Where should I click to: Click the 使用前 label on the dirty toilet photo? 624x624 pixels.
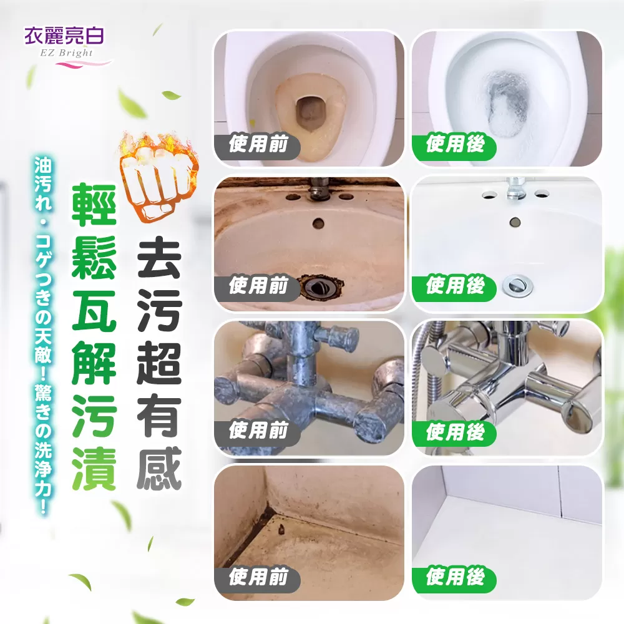click(x=258, y=145)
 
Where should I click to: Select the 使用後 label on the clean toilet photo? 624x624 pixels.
click(x=456, y=145)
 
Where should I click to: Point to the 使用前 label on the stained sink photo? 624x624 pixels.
click(x=258, y=286)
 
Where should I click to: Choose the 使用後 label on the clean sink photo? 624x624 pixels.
click(x=456, y=286)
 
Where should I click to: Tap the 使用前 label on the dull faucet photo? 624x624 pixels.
click(x=258, y=431)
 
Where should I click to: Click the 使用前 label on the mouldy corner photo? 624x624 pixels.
click(x=258, y=577)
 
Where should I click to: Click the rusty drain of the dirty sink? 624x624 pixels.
click(x=320, y=286)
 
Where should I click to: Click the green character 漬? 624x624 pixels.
click(x=94, y=469)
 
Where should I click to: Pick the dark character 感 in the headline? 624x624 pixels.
click(x=159, y=468)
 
